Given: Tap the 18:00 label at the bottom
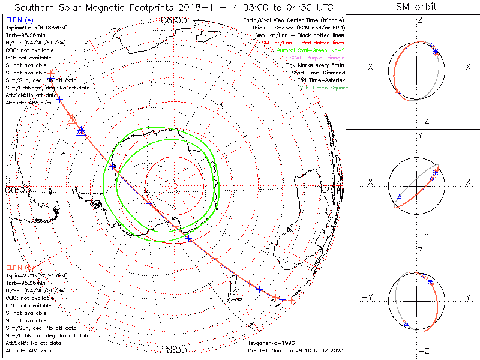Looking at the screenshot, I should click(x=174, y=350).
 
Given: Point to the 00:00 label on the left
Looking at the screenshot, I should click(x=17, y=190).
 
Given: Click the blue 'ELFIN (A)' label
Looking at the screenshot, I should click(x=19, y=20).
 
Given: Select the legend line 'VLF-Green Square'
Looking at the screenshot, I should click(x=324, y=88).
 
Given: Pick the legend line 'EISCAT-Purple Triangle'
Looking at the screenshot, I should click(x=316, y=58).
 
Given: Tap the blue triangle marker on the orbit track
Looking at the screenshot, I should click(x=81, y=131).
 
